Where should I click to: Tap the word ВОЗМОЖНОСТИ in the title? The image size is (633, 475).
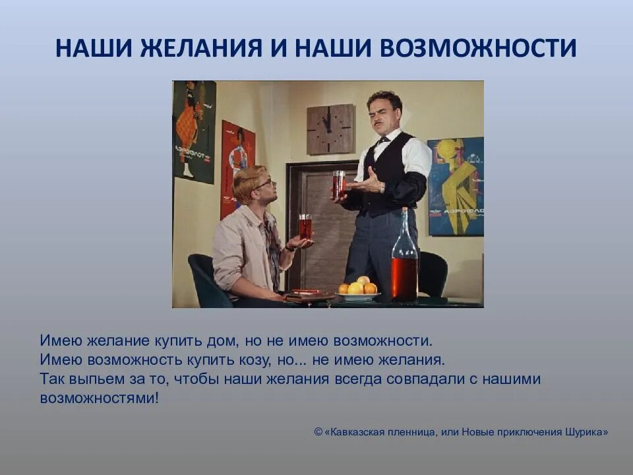478,47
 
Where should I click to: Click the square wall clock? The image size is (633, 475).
330,130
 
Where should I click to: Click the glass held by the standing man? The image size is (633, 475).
339,185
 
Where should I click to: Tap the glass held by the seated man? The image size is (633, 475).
305,228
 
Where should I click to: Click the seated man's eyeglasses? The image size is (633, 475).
265,185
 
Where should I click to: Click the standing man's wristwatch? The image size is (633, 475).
382,187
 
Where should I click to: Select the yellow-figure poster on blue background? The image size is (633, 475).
456,186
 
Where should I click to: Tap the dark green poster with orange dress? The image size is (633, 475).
194,132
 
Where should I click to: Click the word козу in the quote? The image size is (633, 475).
255,360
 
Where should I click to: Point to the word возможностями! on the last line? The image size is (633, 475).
100,398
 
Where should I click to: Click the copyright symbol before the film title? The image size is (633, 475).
318,431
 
